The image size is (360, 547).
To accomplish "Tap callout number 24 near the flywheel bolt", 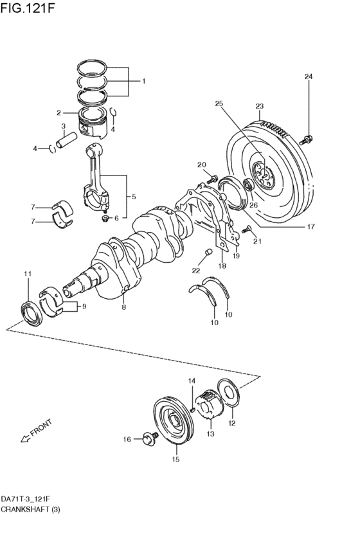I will [308, 77].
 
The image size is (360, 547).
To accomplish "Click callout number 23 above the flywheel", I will [259, 106].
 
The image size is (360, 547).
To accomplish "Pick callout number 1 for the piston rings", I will [143, 82].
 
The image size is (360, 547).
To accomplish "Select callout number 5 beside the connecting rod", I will [133, 197].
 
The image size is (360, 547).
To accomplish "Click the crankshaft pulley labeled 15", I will [174, 424].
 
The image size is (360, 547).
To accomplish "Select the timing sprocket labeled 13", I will [210, 406].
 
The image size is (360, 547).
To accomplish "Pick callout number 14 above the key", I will [191, 381].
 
